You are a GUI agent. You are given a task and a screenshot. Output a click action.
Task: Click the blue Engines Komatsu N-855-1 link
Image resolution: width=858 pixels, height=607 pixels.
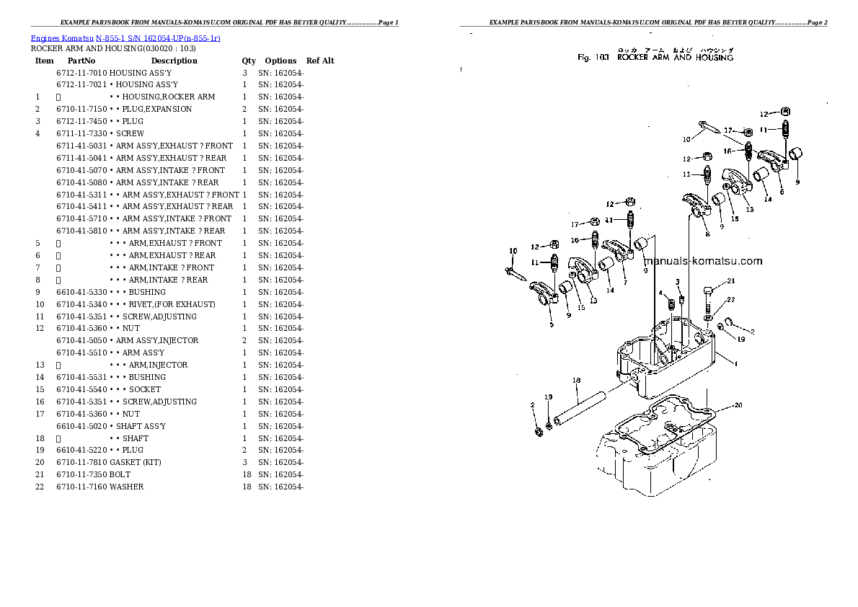(x=125, y=37)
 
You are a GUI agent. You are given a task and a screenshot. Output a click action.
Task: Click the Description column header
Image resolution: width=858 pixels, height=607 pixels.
(x=174, y=61)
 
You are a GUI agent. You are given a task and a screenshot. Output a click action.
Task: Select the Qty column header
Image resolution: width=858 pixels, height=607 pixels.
(x=249, y=61)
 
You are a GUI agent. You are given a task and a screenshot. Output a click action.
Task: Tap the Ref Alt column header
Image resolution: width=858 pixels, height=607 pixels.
(x=320, y=61)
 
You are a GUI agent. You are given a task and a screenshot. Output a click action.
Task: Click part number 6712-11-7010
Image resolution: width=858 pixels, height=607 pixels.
(x=81, y=74)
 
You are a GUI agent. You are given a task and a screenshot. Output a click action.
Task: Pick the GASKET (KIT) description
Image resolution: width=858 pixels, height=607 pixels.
(x=135, y=462)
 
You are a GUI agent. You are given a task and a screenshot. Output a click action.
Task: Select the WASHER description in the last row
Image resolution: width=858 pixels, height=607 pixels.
(x=126, y=487)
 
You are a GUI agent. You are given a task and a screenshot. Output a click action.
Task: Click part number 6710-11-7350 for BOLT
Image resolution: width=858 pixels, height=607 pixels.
(x=81, y=474)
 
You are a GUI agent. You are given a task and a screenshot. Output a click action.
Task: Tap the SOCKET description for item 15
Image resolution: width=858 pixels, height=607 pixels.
(x=145, y=389)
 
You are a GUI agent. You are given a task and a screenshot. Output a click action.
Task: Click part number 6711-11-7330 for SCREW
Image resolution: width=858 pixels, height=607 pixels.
(x=81, y=133)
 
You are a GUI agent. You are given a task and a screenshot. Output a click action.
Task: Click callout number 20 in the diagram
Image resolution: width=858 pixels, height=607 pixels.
(x=737, y=405)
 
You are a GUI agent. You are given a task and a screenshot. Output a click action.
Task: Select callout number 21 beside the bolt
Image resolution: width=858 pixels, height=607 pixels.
(x=730, y=281)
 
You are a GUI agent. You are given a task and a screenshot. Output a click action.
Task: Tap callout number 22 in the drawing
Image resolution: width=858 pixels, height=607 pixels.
(x=730, y=299)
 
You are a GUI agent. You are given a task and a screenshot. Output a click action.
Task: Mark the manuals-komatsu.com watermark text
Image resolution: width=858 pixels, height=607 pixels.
(x=702, y=262)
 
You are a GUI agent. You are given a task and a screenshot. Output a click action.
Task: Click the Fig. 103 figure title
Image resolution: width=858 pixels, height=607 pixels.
(x=655, y=57)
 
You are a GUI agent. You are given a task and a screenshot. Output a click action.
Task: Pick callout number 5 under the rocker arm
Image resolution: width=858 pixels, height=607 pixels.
(x=552, y=325)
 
